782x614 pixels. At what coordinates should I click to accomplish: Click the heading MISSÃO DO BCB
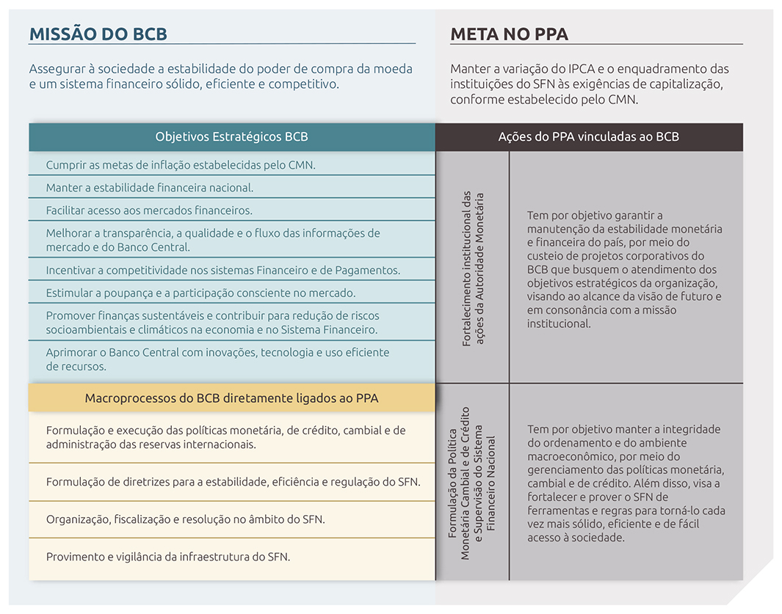98,34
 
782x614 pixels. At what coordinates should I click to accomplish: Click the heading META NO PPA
509,34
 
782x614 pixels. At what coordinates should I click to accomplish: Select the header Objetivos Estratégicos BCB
231,136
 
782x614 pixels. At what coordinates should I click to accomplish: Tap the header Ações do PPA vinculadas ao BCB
588,136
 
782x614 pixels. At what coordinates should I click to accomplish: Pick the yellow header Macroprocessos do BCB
231,398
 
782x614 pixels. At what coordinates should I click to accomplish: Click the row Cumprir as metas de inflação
180,165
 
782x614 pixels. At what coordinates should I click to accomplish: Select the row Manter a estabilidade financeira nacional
149,188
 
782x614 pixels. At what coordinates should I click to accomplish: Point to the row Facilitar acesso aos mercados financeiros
148,211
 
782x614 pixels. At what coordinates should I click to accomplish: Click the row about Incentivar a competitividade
222,270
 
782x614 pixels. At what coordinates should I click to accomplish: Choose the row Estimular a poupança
200,293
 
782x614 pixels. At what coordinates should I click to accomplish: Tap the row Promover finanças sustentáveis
212,323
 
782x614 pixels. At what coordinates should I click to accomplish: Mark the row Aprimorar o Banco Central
217,359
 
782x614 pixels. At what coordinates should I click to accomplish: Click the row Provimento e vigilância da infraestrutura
167,557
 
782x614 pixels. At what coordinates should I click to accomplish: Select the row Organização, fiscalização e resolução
185,519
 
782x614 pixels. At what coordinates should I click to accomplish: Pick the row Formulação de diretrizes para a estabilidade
233,482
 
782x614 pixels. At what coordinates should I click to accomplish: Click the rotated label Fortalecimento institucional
473,268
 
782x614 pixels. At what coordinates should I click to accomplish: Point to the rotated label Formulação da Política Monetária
472,483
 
